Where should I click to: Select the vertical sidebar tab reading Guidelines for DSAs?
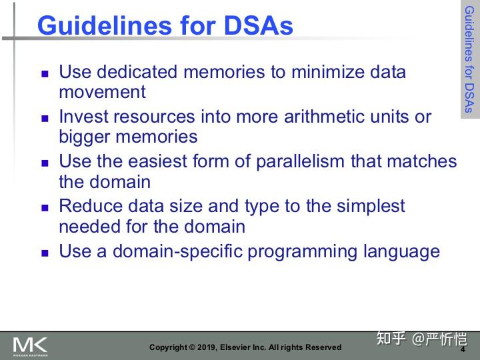[x=469, y=60]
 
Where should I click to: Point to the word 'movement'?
[x=102, y=91]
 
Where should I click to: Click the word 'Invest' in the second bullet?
[x=83, y=117]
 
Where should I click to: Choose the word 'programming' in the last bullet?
[x=302, y=252]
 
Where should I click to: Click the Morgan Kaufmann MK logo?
[x=30, y=346]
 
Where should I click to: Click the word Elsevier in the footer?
[x=243, y=347]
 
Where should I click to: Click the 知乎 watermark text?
[x=391, y=339]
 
